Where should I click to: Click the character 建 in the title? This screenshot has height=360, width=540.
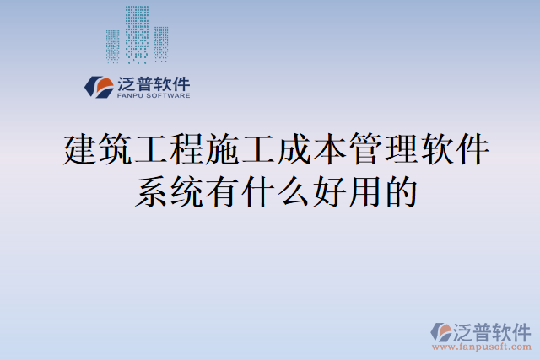[81, 150]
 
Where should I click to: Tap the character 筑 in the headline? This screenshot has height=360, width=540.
[116, 150]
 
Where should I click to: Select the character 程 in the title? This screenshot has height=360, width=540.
[187, 150]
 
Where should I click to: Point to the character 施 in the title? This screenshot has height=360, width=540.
[223, 150]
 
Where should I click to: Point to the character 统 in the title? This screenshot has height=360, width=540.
[186, 191]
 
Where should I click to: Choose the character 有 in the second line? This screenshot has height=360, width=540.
[222, 191]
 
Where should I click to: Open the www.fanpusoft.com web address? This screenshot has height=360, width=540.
[482, 346]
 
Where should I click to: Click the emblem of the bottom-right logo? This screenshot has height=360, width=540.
[442, 331]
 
